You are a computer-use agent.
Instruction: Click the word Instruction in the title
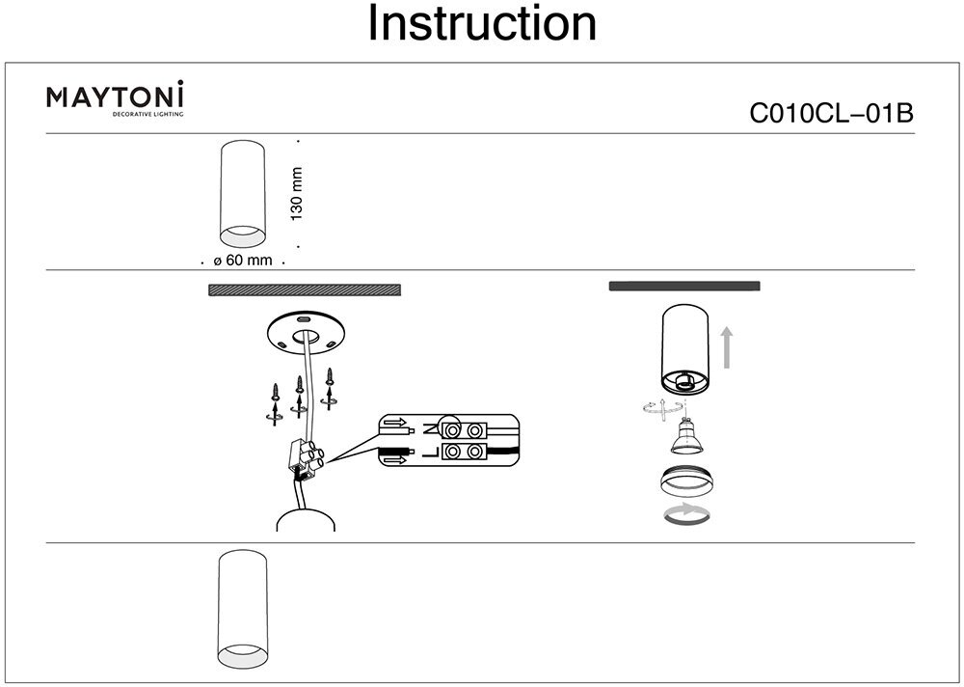482,25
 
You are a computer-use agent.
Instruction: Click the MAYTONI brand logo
116,96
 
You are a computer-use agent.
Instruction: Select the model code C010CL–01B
831,114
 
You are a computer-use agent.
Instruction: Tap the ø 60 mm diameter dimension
243,261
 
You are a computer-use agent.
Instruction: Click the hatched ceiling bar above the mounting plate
305,289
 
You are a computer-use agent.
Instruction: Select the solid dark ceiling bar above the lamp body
685,286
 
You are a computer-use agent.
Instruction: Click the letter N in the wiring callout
427,427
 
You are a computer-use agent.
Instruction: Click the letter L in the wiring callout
427,452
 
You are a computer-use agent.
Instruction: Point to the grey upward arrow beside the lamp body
728,348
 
